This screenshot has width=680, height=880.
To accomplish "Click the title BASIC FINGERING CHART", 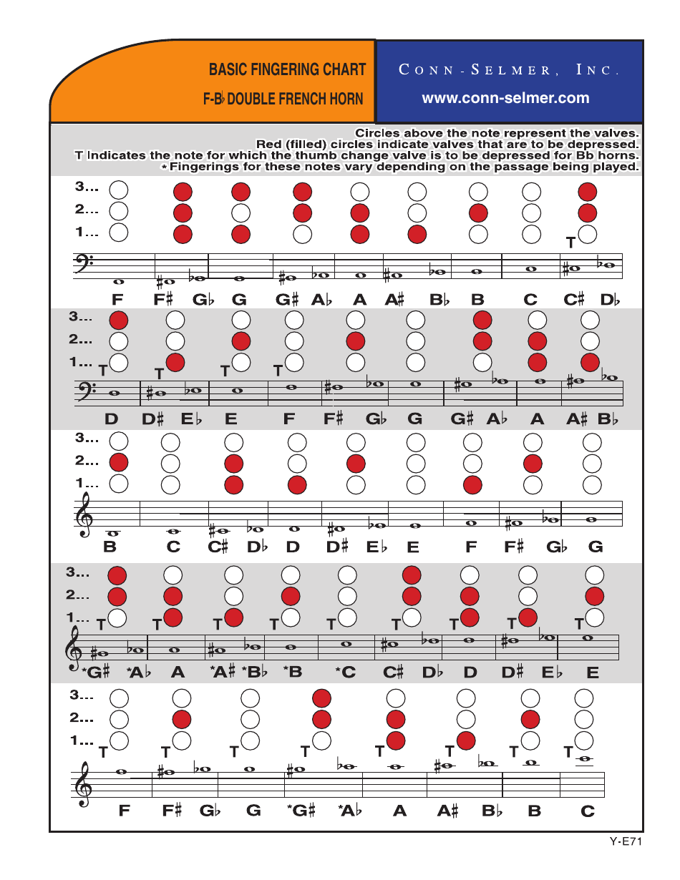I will [287, 70].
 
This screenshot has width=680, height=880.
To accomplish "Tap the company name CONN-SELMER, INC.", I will [508, 70].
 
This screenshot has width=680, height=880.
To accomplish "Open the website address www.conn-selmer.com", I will [505, 98].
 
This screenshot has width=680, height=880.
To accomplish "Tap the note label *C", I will [346, 673].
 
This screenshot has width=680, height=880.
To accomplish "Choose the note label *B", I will [292, 673].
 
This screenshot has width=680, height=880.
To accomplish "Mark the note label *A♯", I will [223, 673].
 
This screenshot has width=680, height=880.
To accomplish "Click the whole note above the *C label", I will [347, 643].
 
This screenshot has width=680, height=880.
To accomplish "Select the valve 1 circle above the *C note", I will [347, 617].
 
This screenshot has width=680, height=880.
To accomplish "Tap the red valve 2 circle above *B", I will [291, 595].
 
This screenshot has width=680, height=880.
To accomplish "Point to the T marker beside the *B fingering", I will [273, 625].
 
